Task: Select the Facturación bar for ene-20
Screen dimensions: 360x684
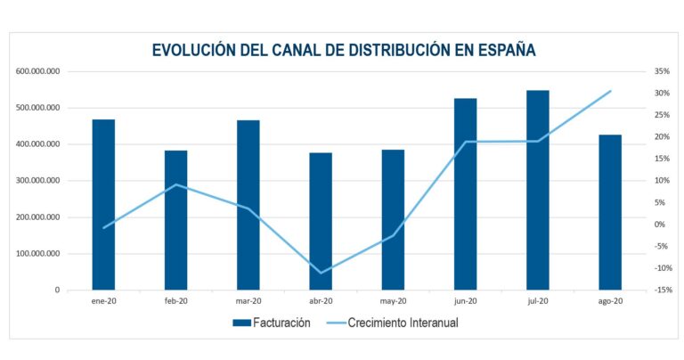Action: tap(103, 204)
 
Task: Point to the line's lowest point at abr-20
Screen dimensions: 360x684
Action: tap(321, 273)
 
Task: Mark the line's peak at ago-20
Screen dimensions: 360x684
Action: tap(610, 91)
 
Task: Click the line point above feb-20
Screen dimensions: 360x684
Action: tap(176, 184)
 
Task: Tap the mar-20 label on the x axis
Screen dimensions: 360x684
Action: tap(248, 302)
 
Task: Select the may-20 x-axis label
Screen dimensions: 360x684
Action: tap(393, 302)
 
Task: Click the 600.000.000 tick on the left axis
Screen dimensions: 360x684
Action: tap(37, 71)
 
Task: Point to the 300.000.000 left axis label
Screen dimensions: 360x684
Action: tap(37, 181)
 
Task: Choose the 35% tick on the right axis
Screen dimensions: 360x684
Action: tap(661, 71)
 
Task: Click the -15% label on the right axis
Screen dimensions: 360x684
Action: tap(661, 290)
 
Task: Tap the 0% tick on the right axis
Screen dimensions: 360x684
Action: tap(661, 225)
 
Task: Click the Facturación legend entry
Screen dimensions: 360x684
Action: tap(272, 323)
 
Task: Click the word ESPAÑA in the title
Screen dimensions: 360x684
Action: tap(502, 50)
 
